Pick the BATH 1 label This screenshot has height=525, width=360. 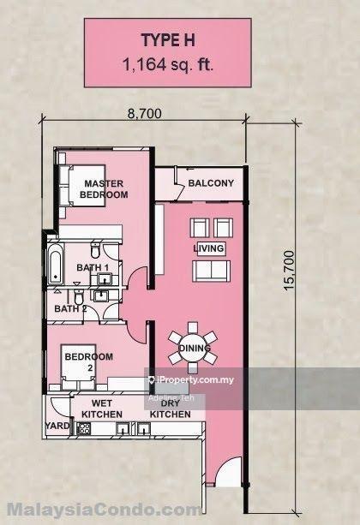pos(93,268)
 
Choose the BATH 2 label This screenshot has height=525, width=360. pos(71,308)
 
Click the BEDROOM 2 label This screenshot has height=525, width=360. pos(90,361)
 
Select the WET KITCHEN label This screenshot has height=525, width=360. pos(102,408)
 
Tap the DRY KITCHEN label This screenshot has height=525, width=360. pos(171,408)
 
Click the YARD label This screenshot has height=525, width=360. pos(57,424)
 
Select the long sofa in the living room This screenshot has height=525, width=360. pos(212,271)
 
